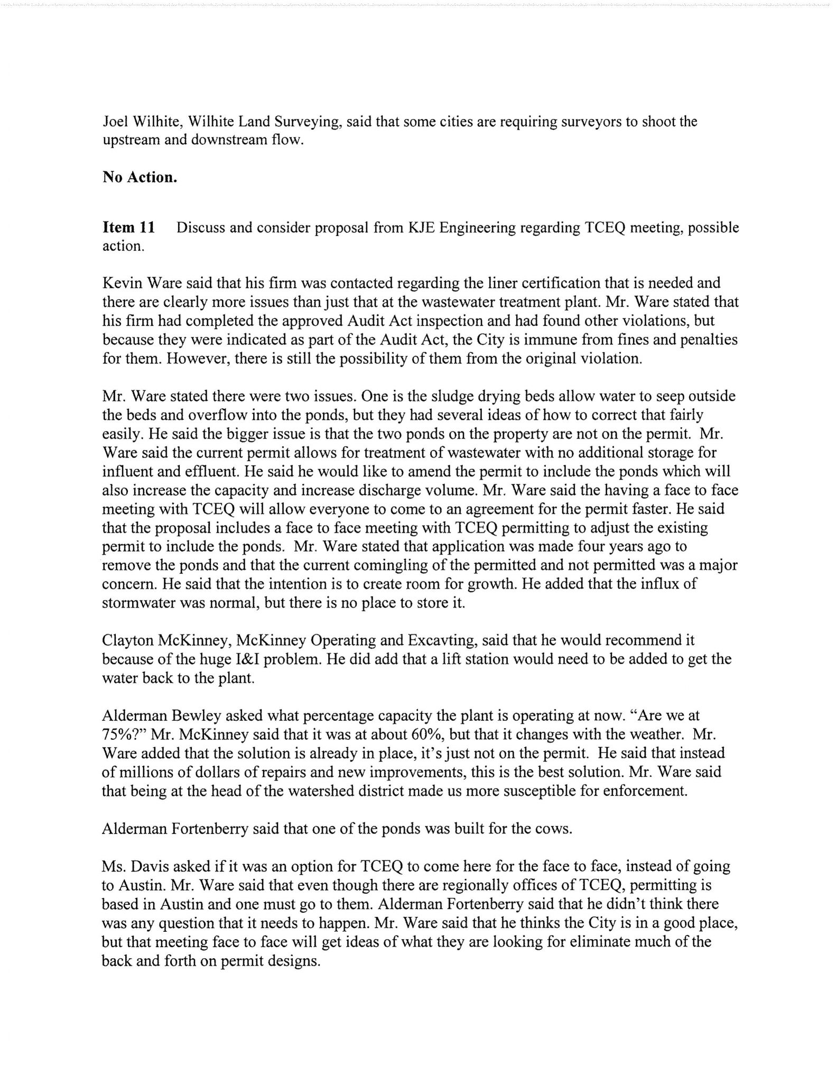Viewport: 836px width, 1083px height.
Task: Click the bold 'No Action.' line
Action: point(140,177)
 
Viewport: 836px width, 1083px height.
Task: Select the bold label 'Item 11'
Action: point(128,228)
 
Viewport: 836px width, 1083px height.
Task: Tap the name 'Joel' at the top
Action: point(113,122)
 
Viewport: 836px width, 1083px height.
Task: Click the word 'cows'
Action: point(554,829)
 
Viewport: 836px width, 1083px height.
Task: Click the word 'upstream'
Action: point(128,141)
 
